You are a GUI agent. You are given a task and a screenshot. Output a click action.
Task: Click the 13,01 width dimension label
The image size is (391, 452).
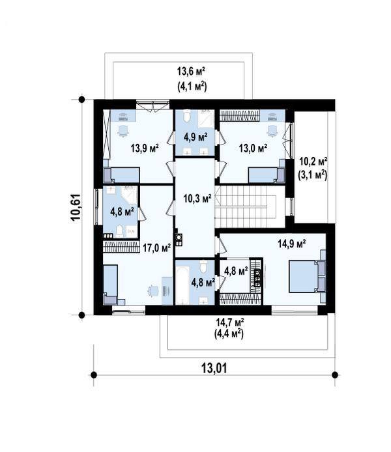(214, 368)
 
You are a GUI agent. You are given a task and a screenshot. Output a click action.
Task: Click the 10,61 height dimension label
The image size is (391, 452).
(76, 207)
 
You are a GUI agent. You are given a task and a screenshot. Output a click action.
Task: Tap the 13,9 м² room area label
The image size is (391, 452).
(145, 148)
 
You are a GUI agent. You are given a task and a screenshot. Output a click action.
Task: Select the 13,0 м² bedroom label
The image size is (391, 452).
(253, 148)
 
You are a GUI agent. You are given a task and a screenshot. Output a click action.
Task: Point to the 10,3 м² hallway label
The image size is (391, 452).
(197, 199)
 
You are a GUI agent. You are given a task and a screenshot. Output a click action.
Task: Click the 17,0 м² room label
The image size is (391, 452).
(157, 247)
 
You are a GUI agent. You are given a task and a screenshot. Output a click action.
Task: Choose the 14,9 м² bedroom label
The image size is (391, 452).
(292, 244)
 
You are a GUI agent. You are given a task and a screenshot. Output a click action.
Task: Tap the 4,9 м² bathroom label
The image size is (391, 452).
(195, 136)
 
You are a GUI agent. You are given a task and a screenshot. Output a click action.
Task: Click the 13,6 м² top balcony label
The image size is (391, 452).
(191, 71)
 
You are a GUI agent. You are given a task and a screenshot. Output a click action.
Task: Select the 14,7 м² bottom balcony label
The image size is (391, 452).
(230, 322)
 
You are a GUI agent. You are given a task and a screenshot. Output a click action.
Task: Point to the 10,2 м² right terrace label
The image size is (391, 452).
(313, 161)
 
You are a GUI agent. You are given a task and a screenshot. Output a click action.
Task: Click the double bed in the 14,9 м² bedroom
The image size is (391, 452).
(308, 276)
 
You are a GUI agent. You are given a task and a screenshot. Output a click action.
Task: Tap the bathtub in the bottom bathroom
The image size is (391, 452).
(182, 285)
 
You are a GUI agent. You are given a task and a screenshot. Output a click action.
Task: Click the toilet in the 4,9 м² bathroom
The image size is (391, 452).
(187, 115)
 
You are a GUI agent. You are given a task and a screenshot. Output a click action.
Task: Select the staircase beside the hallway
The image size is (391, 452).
(246, 206)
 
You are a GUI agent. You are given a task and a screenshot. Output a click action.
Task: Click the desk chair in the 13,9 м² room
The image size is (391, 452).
(123, 131)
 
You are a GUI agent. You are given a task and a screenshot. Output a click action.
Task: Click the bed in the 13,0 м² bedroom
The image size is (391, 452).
(267, 175)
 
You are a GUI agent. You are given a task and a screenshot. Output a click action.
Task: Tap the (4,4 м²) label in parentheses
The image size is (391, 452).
(229, 334)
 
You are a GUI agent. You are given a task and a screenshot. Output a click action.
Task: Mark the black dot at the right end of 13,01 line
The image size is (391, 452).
(335, 374)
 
